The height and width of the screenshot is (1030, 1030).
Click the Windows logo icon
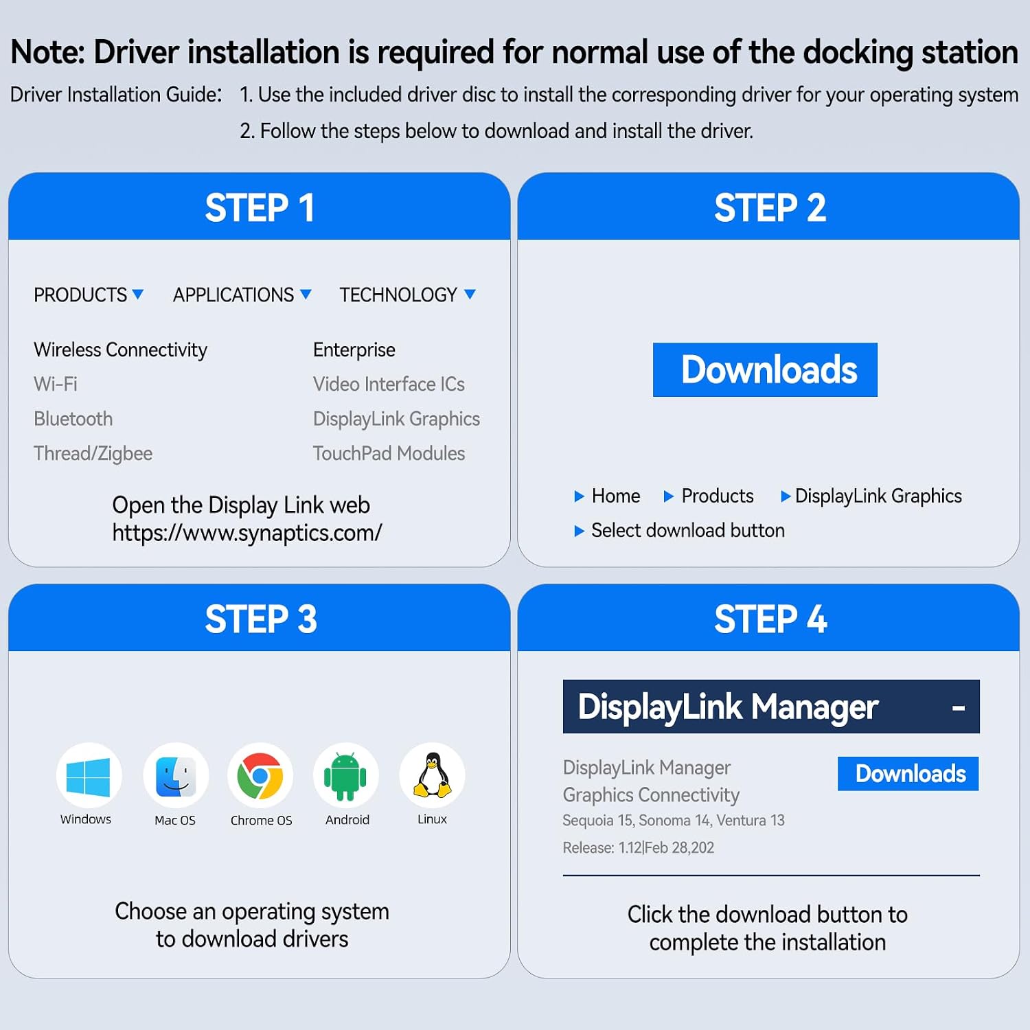coord(89,777)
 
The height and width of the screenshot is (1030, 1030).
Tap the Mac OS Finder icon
coord(176,777)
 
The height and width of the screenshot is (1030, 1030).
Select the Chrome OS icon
coord(260,776)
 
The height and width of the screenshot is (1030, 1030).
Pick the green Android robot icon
coord(345,777)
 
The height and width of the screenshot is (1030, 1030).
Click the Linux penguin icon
coord(433,775)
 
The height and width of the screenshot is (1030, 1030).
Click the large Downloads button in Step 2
coord(765,369)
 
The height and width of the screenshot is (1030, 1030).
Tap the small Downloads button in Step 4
coord(908,774)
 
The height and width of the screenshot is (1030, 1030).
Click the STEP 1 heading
coord(260,207)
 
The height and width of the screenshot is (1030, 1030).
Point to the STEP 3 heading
coord(261,619)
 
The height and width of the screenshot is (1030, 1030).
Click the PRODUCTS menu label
coord(80,295)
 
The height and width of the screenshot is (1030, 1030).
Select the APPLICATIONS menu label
coord(233,295)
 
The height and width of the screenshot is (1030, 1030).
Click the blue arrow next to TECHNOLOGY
coord(470,294)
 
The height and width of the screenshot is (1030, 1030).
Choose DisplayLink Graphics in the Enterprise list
coord(396,419)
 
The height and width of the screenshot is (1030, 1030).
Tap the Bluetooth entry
coord(73,419)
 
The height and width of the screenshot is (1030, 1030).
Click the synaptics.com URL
coord(247,533)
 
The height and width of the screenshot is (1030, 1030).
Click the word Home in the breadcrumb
coord(616,496)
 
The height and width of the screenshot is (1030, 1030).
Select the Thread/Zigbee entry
coord(93,453)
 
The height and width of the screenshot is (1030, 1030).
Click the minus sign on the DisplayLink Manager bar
coord(959,708)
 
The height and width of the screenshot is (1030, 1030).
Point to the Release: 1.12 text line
coord(639,847)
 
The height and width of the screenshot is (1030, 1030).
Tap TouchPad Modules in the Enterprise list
coord(389,453)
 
